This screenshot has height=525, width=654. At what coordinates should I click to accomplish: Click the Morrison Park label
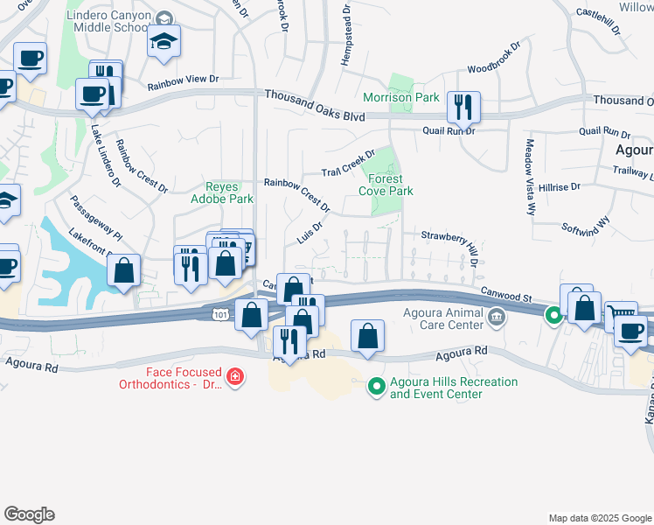[401, 98]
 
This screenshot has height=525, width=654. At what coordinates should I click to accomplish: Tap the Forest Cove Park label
[386, 185]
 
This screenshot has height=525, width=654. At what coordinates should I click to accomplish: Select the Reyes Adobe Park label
[229, 192]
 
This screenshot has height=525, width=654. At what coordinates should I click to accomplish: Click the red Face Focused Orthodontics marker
[234, 377]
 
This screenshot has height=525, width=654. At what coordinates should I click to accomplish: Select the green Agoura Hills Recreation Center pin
[377, 385]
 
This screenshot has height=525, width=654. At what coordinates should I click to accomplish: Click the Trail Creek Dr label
[347, 161]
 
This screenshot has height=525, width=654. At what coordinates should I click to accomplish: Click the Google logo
[29, 514]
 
